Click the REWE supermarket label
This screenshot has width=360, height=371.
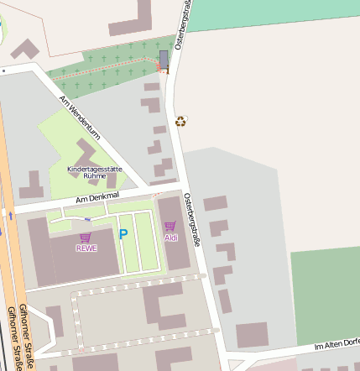pos(86,248)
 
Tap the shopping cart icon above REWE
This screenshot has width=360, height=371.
pos(86,238)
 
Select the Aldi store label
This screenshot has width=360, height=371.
pos(171,238)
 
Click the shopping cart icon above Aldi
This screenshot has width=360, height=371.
pos(170,226)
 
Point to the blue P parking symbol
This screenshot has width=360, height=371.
pos(123,235)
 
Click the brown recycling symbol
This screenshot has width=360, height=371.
pos(180,121)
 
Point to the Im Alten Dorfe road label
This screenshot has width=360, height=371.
pos(336,344)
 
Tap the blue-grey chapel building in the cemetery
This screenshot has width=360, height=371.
pos(164,59)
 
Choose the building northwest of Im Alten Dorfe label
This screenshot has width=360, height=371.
pos(252,334)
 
